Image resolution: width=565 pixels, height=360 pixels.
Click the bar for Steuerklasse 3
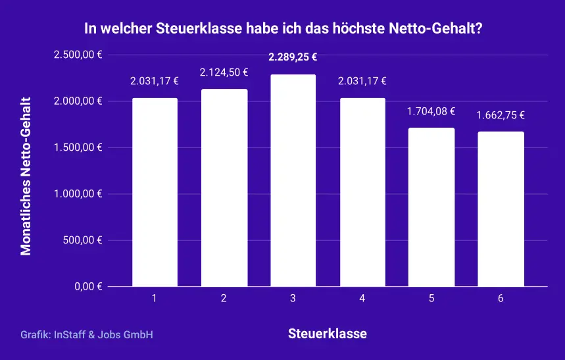click(x=293, y=181)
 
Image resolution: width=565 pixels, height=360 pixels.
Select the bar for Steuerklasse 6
click(x=501, y=209)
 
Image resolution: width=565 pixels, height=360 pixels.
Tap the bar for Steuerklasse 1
click(x=155, y=192)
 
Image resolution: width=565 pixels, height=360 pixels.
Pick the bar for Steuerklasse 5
click(x=431, y=207)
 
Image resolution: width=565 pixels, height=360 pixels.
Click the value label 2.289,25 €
click(x=293, y=57)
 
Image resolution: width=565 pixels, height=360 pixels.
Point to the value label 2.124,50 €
click(x=224, y=72)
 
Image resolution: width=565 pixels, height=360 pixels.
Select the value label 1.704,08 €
click(x=431, y=111)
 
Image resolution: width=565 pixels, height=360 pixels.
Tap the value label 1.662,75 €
click(x=501, y=115)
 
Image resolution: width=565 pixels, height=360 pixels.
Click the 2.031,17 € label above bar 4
click(x=362, y=82)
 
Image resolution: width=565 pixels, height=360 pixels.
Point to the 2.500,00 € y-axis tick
click(x=78, y=55)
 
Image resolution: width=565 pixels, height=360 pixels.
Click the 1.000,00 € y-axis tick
click(x=78, y=194)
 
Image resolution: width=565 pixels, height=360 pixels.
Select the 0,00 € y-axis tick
click(x=86, y=287)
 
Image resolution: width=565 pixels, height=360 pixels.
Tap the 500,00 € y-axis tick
click(x=82, y=240)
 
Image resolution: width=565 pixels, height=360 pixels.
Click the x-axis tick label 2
click(x=224, y=299)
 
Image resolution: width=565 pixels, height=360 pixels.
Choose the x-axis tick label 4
click(x=362, y=299)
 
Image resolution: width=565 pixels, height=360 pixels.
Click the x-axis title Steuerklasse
click(x=328, y=334)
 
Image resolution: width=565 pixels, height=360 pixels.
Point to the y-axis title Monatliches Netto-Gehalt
click(x=26, y=176)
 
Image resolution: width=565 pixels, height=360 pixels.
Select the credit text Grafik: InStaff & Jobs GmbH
click(x=87, y=335)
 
